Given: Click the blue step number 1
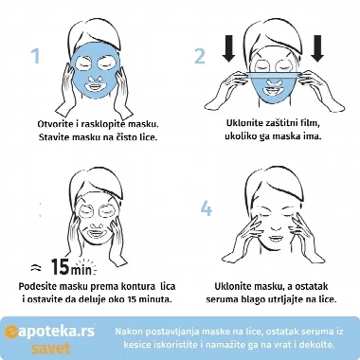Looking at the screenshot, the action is pyautogui.click(x=36, y=56).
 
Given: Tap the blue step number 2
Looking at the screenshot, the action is pyautogui.click(x=200, y=56).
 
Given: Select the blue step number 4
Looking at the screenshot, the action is pyautogui.click(x=207, y=208).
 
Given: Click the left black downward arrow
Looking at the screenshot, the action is pyautogui.click(x=228, y=48).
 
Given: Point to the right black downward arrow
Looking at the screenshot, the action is pyautogui.click(x=317, y=48).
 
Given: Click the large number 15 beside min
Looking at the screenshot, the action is pyautogui.click(x=61, y=267).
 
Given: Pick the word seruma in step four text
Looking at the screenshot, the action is pyautogui.click(x=219, y=299).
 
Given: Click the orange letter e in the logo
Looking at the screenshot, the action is pyautogui.click(x=11, y=332).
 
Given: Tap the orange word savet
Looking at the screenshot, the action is pyautogui.click(x=50, y=349).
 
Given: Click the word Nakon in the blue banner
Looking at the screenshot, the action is pyautogui.click(x=127, y=332).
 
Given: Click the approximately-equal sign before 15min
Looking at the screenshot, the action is pyautogui.click(x=36, y=268).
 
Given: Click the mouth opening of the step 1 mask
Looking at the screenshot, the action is pyautogui.click(x=95, y=85).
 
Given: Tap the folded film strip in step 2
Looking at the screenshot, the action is pyautogui.click(x=273, y=75).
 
